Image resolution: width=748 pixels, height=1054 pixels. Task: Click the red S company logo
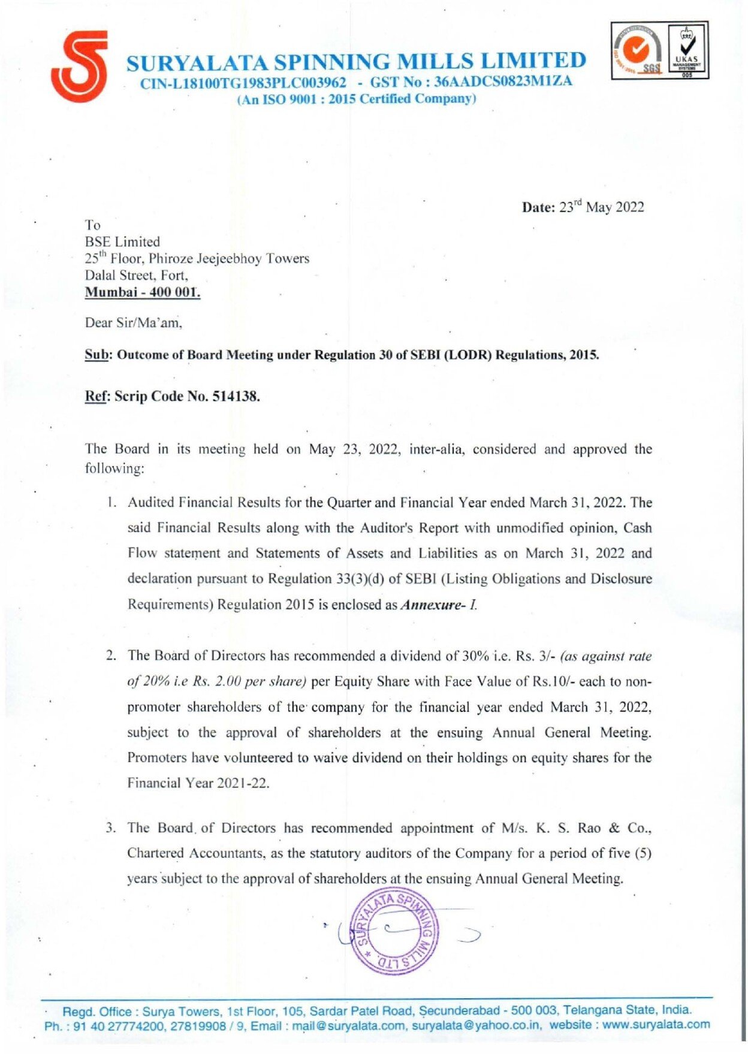(x=80, y=67)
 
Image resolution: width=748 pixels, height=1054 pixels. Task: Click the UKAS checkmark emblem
(x=687, y=50)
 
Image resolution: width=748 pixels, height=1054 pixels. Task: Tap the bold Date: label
(x=539, y=207)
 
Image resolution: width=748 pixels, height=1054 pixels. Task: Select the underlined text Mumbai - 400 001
(x=142, y=292)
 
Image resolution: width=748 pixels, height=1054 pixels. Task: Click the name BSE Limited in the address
(x=122, y=242)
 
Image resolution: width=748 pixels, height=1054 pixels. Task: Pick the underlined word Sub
(x=96, y=355)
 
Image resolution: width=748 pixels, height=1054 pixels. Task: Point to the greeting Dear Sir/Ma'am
(x=133, y=323)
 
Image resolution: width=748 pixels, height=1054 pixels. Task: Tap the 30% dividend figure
(x=475, y=656)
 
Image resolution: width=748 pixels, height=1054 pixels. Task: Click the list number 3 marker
(x=110, y=828)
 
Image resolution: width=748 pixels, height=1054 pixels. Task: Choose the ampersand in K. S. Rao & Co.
(x=614, y=828)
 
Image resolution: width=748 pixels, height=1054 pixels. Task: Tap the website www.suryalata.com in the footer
(x=656, y=1025)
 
